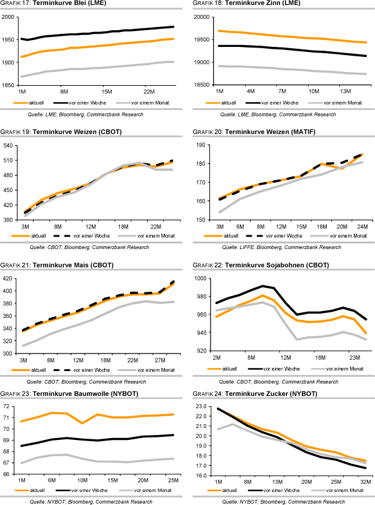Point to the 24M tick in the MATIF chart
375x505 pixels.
click(x=362, y=226)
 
